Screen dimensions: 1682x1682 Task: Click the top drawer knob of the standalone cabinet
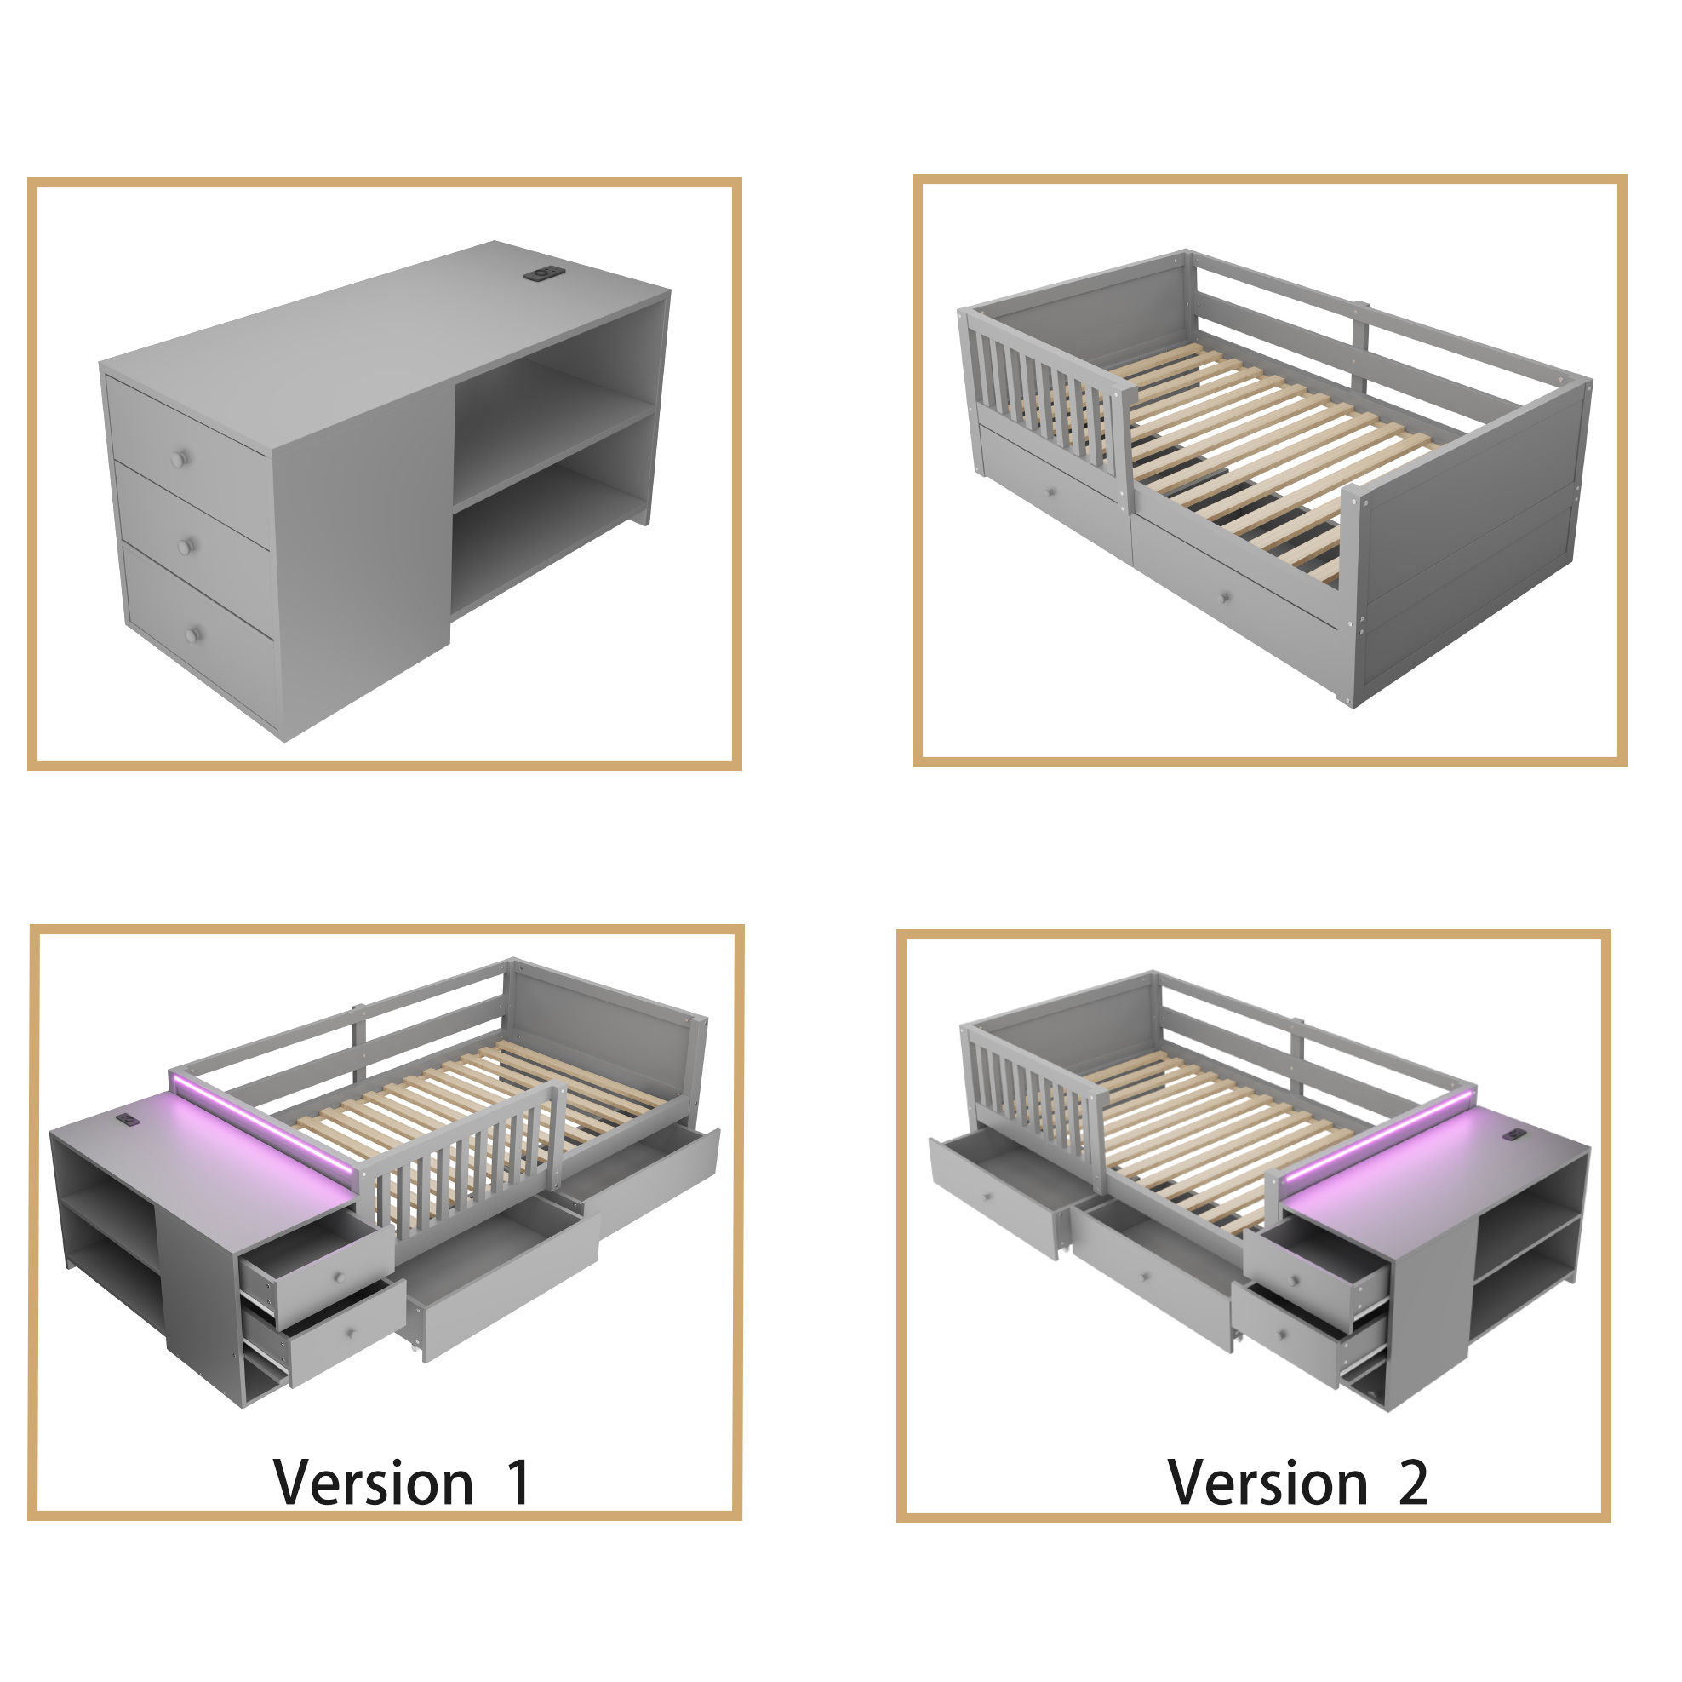(180, 458)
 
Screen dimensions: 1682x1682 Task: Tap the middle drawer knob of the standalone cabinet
(185, 546)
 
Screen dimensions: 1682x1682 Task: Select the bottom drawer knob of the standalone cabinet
(192, 634)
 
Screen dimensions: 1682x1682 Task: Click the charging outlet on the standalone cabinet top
(541, 274)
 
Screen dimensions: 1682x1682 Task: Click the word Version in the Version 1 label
(373, 1483)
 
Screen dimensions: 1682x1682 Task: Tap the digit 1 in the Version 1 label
(519, 1483)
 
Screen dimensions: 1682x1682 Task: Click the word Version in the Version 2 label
(1267, 1483)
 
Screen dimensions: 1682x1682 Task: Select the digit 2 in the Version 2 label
(1413, 1483)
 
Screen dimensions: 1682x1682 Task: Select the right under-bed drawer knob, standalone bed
(1224, 599)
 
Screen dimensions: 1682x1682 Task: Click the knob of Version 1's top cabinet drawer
(340, 1277)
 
